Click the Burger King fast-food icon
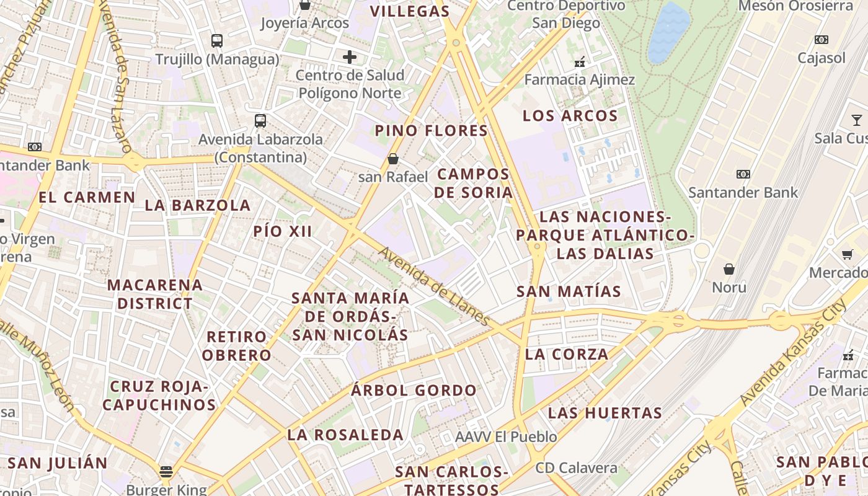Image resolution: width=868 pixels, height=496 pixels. [166, 472]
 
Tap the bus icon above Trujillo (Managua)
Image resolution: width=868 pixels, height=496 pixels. [216, 41]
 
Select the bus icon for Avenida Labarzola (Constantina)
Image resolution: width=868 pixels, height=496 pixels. [260, 121]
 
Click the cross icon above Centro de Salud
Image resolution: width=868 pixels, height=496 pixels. [350, 58]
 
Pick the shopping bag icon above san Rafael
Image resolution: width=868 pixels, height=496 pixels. [392, 159]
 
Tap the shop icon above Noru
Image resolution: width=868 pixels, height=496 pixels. [729, 269]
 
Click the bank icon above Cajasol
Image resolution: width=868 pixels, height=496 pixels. [821, 40]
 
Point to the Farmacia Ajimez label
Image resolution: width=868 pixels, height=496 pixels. [580, 80]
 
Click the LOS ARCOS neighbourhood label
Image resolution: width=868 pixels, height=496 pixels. [570, 116]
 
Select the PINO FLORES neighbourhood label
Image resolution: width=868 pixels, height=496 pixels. [432, 131]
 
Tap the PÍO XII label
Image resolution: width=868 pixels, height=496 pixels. [282, 232]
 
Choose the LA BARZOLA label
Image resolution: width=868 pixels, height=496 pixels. [197, 205]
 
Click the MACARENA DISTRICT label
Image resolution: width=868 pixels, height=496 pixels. [155, 294]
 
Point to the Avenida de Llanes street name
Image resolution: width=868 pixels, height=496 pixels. [435, 286]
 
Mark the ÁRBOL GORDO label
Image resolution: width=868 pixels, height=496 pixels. [414, 391]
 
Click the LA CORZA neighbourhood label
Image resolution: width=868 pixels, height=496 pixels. [567, 354]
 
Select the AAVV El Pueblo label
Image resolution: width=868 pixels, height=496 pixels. [506, 437]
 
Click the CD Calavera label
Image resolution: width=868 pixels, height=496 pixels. [577, 468]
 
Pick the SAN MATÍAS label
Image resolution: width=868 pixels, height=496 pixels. [569, 291]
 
